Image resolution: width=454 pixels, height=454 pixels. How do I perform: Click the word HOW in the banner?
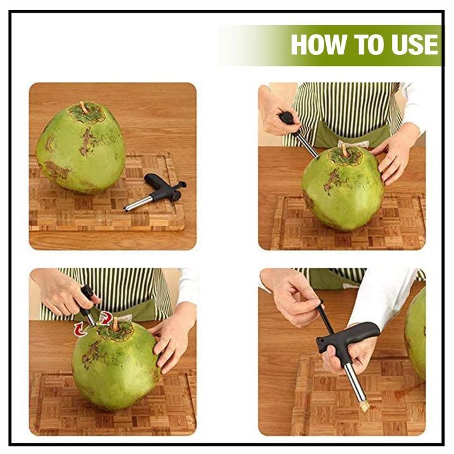click(313, 45)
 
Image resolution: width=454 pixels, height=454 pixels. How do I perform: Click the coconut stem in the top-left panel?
click(83, 107)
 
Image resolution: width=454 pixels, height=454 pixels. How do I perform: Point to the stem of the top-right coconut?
click(345, 149)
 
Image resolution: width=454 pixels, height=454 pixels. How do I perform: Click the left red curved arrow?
click(80, 328)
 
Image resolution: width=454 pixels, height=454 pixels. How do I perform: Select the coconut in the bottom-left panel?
click(113, 366)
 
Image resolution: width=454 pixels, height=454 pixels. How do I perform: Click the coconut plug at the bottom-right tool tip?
click(364, 405)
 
